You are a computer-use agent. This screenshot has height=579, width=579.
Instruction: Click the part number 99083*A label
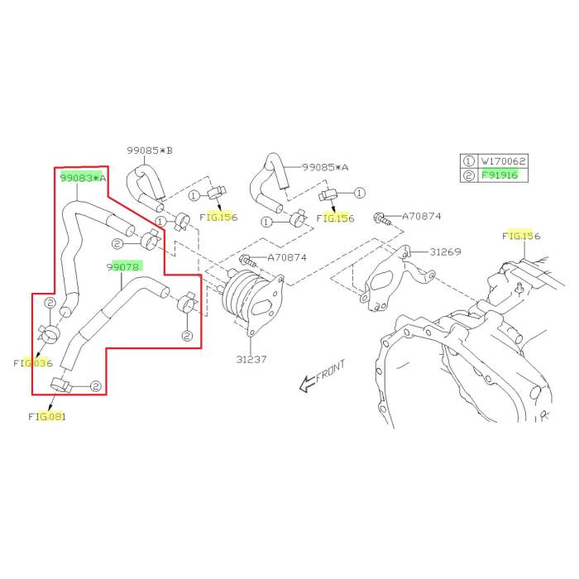click(x=83, y=177)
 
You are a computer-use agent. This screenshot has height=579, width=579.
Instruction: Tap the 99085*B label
click(x=150, y=151)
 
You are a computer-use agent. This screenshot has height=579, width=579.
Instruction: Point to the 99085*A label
click(x=325, y=167)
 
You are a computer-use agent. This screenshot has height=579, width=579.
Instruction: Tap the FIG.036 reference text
click(x=32, y=362)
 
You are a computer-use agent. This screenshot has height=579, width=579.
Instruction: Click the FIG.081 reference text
click(x=45, y=416)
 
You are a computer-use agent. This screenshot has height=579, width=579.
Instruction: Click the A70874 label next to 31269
click(x=422, y=217)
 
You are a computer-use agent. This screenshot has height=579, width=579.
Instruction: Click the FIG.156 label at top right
click(x=521, y=236)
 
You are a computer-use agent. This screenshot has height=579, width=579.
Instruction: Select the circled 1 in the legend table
click(x=469, y=160)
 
